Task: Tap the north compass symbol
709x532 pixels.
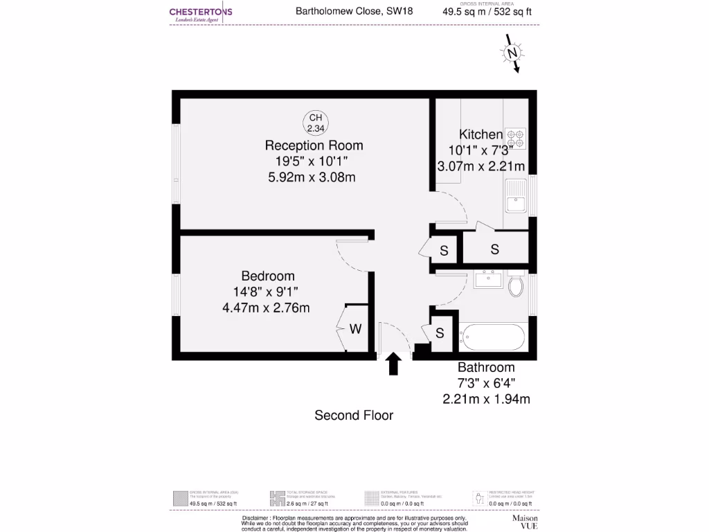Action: click(x=513, y=55)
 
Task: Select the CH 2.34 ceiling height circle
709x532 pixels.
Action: click(x=315, y=123)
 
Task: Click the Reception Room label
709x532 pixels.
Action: click(x=314, y=145)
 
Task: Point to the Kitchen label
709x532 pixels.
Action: click(x=481, y=134)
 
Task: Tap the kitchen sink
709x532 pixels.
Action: click(x=516, y=197)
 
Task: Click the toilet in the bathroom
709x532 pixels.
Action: click(x=517, y=285)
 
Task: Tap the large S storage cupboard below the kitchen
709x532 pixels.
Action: click(x=495, y=249)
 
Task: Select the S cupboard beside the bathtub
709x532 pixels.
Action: click(x=440, y=333)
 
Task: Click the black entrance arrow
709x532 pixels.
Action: click(x=394, y=364)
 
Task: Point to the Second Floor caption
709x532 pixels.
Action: click(x=354, y=416)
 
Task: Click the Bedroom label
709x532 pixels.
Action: click(x=268, y=276)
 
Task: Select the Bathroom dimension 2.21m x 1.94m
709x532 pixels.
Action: click(x=486, y=398)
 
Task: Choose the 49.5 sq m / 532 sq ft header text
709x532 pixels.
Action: click(x=487, y=11)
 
